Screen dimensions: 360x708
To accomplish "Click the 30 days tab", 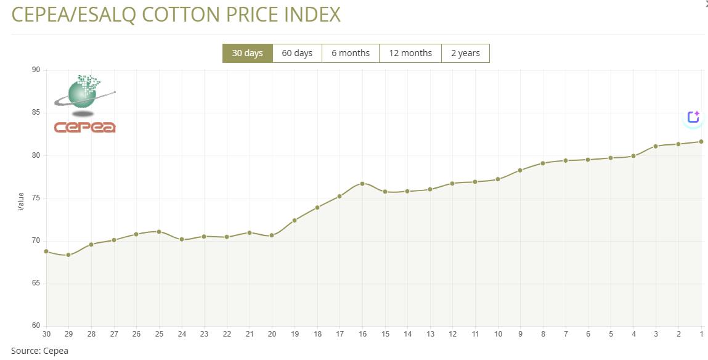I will click(247, 53).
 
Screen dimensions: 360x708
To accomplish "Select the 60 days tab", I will click(297, 53).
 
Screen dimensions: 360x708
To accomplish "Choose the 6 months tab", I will click(351, 53).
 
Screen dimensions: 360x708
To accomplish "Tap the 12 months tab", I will click(410, 53).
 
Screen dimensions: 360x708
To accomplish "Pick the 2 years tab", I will click(465, 53).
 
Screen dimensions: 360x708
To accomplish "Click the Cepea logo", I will click(85, 104).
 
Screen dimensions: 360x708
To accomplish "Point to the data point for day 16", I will click(362, 183).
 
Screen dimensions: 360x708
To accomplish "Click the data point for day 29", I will click(68, 255).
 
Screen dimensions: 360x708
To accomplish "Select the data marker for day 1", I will click(701, 141).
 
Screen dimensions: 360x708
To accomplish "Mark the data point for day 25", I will click(159, 232).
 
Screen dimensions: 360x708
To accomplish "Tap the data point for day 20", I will click(272, 235).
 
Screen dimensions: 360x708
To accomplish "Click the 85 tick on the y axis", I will click(36, 113).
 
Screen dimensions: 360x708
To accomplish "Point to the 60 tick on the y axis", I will click(36, 326).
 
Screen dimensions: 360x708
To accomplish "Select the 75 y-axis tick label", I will click(36, 198).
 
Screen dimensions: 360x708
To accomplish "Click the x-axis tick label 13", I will click(430, 334).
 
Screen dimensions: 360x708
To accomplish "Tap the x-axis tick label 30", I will click(46, 334).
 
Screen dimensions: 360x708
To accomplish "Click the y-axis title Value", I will click(21, 201).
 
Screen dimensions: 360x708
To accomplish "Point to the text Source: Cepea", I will click(39, 351).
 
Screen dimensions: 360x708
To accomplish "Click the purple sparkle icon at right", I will click(693, 117).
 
